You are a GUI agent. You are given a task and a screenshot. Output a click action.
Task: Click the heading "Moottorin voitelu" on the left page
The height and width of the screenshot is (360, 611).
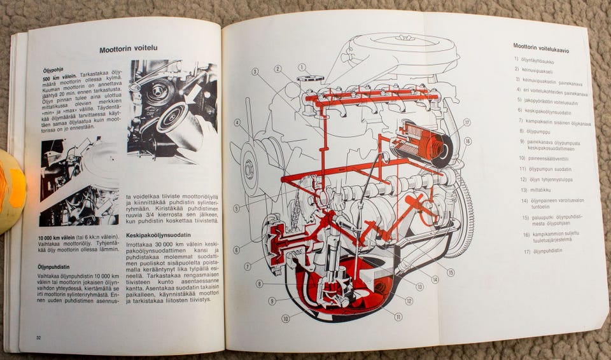click(129, 49)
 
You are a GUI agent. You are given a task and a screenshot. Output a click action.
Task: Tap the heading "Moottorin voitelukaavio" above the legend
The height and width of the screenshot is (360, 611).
click(545, 46)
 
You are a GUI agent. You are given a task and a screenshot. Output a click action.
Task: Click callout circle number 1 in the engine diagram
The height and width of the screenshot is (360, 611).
click(302, 67)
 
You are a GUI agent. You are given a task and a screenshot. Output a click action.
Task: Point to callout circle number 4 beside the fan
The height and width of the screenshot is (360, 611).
click(237, 123)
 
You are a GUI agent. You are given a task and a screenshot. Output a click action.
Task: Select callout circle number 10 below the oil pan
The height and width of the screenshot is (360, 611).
click(285, 319)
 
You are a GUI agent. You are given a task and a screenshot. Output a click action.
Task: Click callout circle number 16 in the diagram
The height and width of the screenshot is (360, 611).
click(467, 141)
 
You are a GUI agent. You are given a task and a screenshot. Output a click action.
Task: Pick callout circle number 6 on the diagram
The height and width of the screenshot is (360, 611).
click(237, 250)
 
